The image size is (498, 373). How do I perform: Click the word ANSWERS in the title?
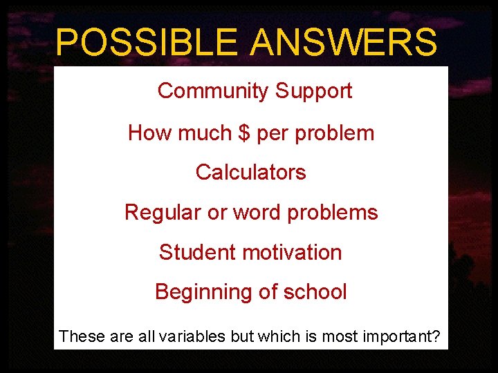click(x=343, y=42)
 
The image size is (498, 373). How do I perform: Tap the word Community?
click(x=213, y=91)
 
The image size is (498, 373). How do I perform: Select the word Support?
click(x=314, y=91)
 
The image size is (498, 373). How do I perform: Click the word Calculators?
click(x=250, y=172)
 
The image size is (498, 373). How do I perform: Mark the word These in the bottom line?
click(x=80, y=336)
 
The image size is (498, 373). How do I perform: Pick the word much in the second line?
click(x=201, y=133)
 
